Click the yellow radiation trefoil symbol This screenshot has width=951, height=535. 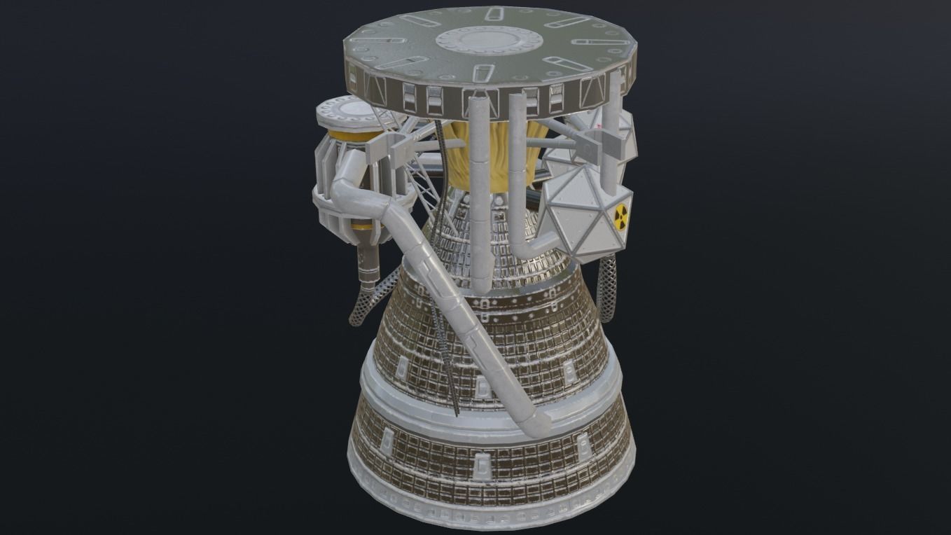pos(620,218)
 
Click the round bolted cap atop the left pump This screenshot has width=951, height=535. pos(345,112)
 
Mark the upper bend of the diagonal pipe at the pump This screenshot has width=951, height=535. pos(351,186)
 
